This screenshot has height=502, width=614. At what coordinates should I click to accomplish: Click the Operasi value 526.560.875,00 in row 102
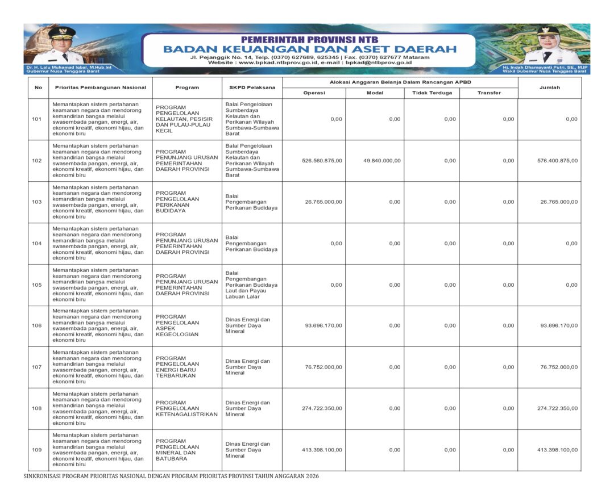(322, 161)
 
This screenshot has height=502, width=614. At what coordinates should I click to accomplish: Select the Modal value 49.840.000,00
(381, 161)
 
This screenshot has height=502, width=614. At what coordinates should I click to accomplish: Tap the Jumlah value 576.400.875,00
(557, 161)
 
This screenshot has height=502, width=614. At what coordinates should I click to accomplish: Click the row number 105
(37, 285)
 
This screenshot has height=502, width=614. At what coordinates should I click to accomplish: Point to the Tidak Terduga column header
(432, 93)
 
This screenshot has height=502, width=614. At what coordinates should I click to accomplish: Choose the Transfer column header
(489, 93)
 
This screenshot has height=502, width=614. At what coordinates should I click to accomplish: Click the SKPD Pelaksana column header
(252, 87)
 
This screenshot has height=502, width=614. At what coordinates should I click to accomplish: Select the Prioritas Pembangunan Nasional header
(101, 87)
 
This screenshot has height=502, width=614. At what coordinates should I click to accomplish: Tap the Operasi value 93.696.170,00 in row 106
(323, 325)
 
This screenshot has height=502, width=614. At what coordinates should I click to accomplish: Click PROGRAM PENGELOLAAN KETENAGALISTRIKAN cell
(186, 408)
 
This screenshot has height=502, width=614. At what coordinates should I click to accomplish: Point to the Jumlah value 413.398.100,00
(557, 450)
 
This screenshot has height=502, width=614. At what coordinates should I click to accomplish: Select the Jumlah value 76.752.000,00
(559, 367)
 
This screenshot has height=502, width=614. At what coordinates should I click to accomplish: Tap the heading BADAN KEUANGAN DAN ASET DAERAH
(309, 49)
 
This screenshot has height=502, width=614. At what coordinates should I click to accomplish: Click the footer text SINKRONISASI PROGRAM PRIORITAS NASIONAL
(171, 476)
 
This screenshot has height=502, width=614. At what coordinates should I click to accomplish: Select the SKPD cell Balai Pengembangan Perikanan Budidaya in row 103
(251, 202)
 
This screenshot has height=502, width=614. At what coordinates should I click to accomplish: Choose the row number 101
(37, 119)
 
